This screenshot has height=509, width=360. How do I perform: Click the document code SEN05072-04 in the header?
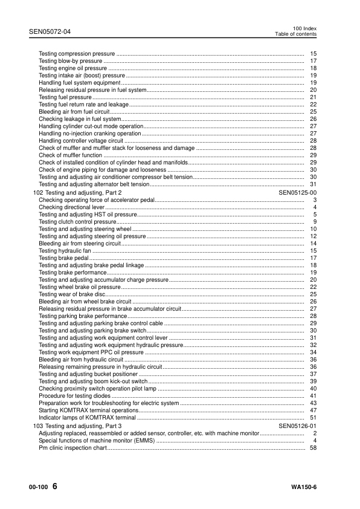(x=49, y=30)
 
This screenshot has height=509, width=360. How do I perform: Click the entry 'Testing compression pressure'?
(x=76, y=54)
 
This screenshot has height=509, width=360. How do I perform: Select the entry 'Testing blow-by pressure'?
(x=71, y=61)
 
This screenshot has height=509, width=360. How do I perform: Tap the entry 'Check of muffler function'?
(x=71, y=155)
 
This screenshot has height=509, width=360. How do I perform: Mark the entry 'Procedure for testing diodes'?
(x=75, y=395)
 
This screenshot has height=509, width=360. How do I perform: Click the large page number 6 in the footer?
(x=55, y=487)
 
